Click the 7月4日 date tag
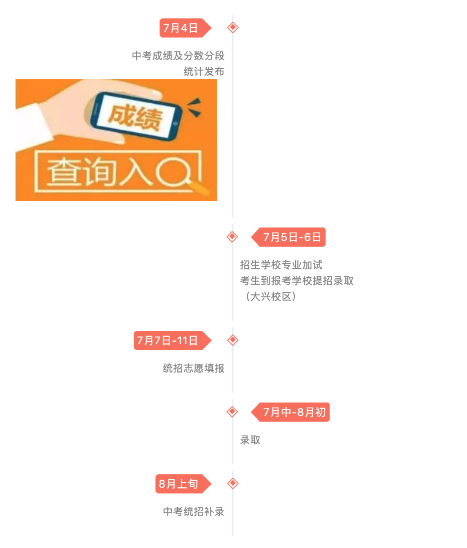[x=181, y=28]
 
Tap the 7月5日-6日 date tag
[x=292, y=237]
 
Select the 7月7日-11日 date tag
[x=168, y=340]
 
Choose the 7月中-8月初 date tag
[x=294, y=412]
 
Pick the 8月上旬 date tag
[x=179, y=483]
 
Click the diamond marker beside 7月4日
[x=232, y=28]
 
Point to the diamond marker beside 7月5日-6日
[x=232, y=237]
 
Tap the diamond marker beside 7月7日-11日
[x=232, y=340]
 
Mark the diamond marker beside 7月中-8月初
[x=232, y=412]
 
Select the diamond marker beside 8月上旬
[x=232, y=483]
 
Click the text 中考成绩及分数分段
[x=178, y=56]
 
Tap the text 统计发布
[x=204, y=72]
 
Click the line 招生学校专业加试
[x=281, y=265]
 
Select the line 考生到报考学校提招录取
[x=297, y=281]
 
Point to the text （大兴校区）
[x=270, y=297]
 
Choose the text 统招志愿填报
[x=194, y=368]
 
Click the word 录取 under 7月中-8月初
[x=250, y=440]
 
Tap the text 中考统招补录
[x=194, y=512]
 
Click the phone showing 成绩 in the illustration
[x=136, y=116]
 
